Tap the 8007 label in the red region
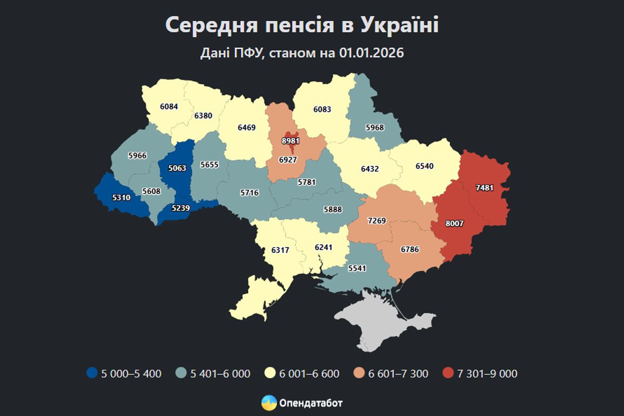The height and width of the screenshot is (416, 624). [454, 224]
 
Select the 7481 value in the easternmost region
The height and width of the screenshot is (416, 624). [484, 187]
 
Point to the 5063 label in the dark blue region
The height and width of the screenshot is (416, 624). [176, 168]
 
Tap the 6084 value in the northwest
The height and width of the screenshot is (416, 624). [169, 107]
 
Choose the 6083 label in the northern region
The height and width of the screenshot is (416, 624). [322, 109]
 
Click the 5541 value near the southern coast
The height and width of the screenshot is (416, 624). [358, 269]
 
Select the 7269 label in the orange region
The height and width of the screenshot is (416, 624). [376, 221]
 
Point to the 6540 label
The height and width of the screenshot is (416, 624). [424, 166]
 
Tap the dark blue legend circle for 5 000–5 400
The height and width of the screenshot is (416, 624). [92, 373]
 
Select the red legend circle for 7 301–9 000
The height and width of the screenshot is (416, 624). [449, 373]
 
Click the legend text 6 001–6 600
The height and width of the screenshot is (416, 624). [309, 373]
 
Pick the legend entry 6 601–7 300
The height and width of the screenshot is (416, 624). [398, 373]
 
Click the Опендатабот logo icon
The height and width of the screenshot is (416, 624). [269, 402]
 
